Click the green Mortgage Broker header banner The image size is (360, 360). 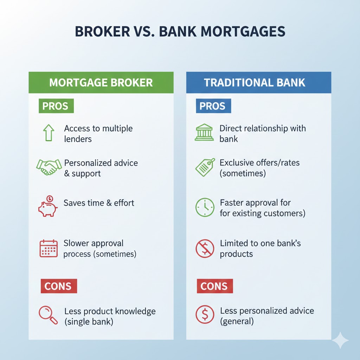pyautogui.click(x=101, y=83)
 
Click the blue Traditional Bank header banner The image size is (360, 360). pyautogui.click(x=258, y=83)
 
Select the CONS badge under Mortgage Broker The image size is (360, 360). pyautogui.click(x=58, y=286)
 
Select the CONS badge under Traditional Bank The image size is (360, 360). pyautogui.click(x=214, y=286)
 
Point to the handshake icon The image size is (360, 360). pyautogui.click(x=48, y=167)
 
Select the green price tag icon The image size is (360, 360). pyautogui.click(x=205, y=167)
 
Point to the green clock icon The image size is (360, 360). pyautogui.click(x=205, y=207)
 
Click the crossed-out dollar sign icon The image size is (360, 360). pyautogui.click(x=205, y=249)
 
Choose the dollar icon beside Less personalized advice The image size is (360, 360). pyautogui.click(x=205, y=315)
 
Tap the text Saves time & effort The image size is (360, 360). pyautogui.click(x=99, y=203)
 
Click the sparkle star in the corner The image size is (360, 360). pyautogui.click(x=340, y=340)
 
